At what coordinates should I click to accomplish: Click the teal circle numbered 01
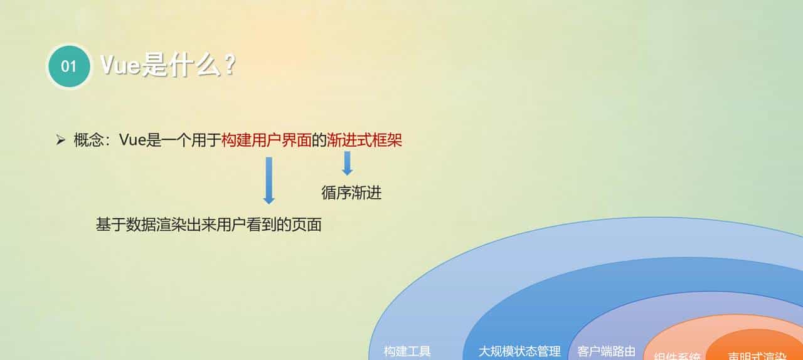pyautogui.click(x=69, y=66)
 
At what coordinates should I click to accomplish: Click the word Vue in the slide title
pyautogui.click(x=121, y=65)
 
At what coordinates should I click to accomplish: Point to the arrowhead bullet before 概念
pyautogui.click(x=61, y=140)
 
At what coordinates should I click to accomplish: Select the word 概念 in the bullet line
pyautogui.click(x=88, y=140)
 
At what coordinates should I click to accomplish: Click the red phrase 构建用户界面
pyautogui.click(x=267, y=140)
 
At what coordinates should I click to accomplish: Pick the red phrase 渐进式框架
pyautogui.click(x=364, y=140)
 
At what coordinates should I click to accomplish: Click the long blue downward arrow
pyautogui.click(x=269, y=180)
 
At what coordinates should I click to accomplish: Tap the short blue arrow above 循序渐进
pyautogui.click(x=347, y=163)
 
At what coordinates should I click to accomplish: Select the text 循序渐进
pyautogui.click(x=351, y=193)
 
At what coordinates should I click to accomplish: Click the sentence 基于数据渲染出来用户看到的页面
pyautogui.click(x=208, y=225)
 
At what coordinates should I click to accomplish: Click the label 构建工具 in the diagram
pyautogui.click(x=407, y=351)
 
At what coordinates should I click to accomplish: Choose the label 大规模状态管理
pyautogui.click(x=519, y=351)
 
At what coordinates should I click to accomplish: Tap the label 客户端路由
pyautogui.click(x=606, y=351)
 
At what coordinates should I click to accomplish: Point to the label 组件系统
pyautogui.click(x=677, y=356)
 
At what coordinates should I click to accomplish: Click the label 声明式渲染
pyautogui.click(x=757, y=356)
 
